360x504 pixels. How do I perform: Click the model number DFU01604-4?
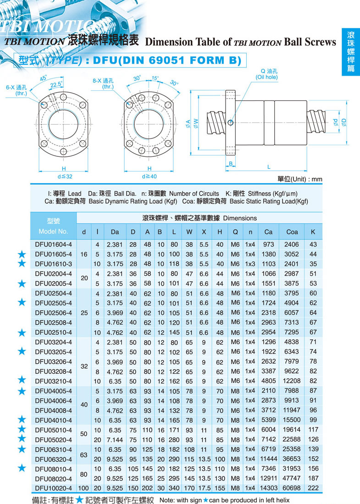point(53,244)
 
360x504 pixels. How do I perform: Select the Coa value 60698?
point(292,488)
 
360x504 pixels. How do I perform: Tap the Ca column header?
point(268,232)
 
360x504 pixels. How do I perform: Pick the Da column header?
point(115,232)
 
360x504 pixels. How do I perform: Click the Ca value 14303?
point(268,488)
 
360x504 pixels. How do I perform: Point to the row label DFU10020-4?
point(53,488)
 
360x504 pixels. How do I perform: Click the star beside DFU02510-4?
point(22,332)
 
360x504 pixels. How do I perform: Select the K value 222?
point(313,488)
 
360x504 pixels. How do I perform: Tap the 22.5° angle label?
point(56,84)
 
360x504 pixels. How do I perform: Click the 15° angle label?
point(155,78)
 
